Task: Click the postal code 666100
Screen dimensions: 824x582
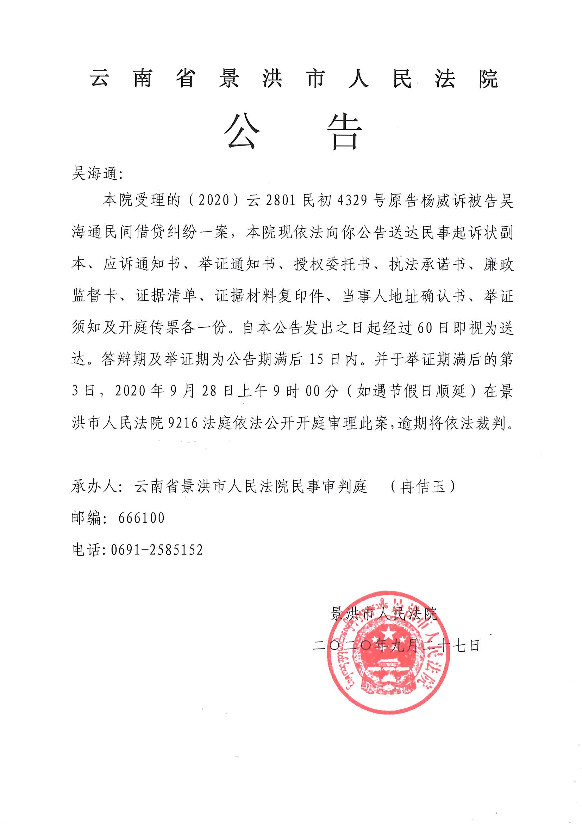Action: click(141, 518)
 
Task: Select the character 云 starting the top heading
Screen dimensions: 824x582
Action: click(99, 79)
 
